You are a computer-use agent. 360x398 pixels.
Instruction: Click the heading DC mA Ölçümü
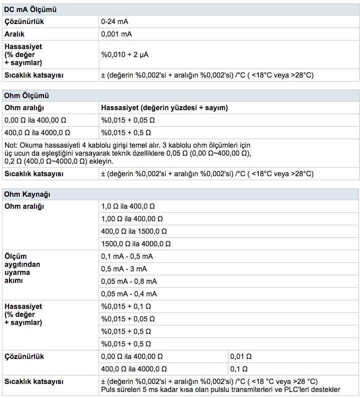(30, 10)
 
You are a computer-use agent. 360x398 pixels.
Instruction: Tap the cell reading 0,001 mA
(117, 35)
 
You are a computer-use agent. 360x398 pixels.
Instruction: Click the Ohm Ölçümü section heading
(27, 95)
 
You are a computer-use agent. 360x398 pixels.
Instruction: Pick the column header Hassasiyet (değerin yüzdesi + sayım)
(165, 108)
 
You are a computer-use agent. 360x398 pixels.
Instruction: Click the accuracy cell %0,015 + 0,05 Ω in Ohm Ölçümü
(128, 120)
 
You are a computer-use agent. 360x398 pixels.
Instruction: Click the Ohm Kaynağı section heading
(27, 194)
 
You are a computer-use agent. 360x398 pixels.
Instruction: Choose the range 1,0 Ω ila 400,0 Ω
(128, 206)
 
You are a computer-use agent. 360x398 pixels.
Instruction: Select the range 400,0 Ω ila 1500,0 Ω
(134, 231)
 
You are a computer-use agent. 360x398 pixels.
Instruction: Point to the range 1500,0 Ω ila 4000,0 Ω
(136, 244)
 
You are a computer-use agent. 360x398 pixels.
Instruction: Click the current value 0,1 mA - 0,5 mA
(127, 256)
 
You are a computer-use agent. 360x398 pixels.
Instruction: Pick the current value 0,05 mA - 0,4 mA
(129, 294)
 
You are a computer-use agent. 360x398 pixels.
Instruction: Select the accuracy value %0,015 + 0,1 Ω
(126, 306)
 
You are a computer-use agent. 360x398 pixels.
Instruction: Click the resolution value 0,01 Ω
(241, 356)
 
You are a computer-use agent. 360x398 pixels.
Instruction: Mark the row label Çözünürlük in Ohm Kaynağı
(25, 356)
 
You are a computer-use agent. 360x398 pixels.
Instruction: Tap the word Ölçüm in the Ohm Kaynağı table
(15, 256)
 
